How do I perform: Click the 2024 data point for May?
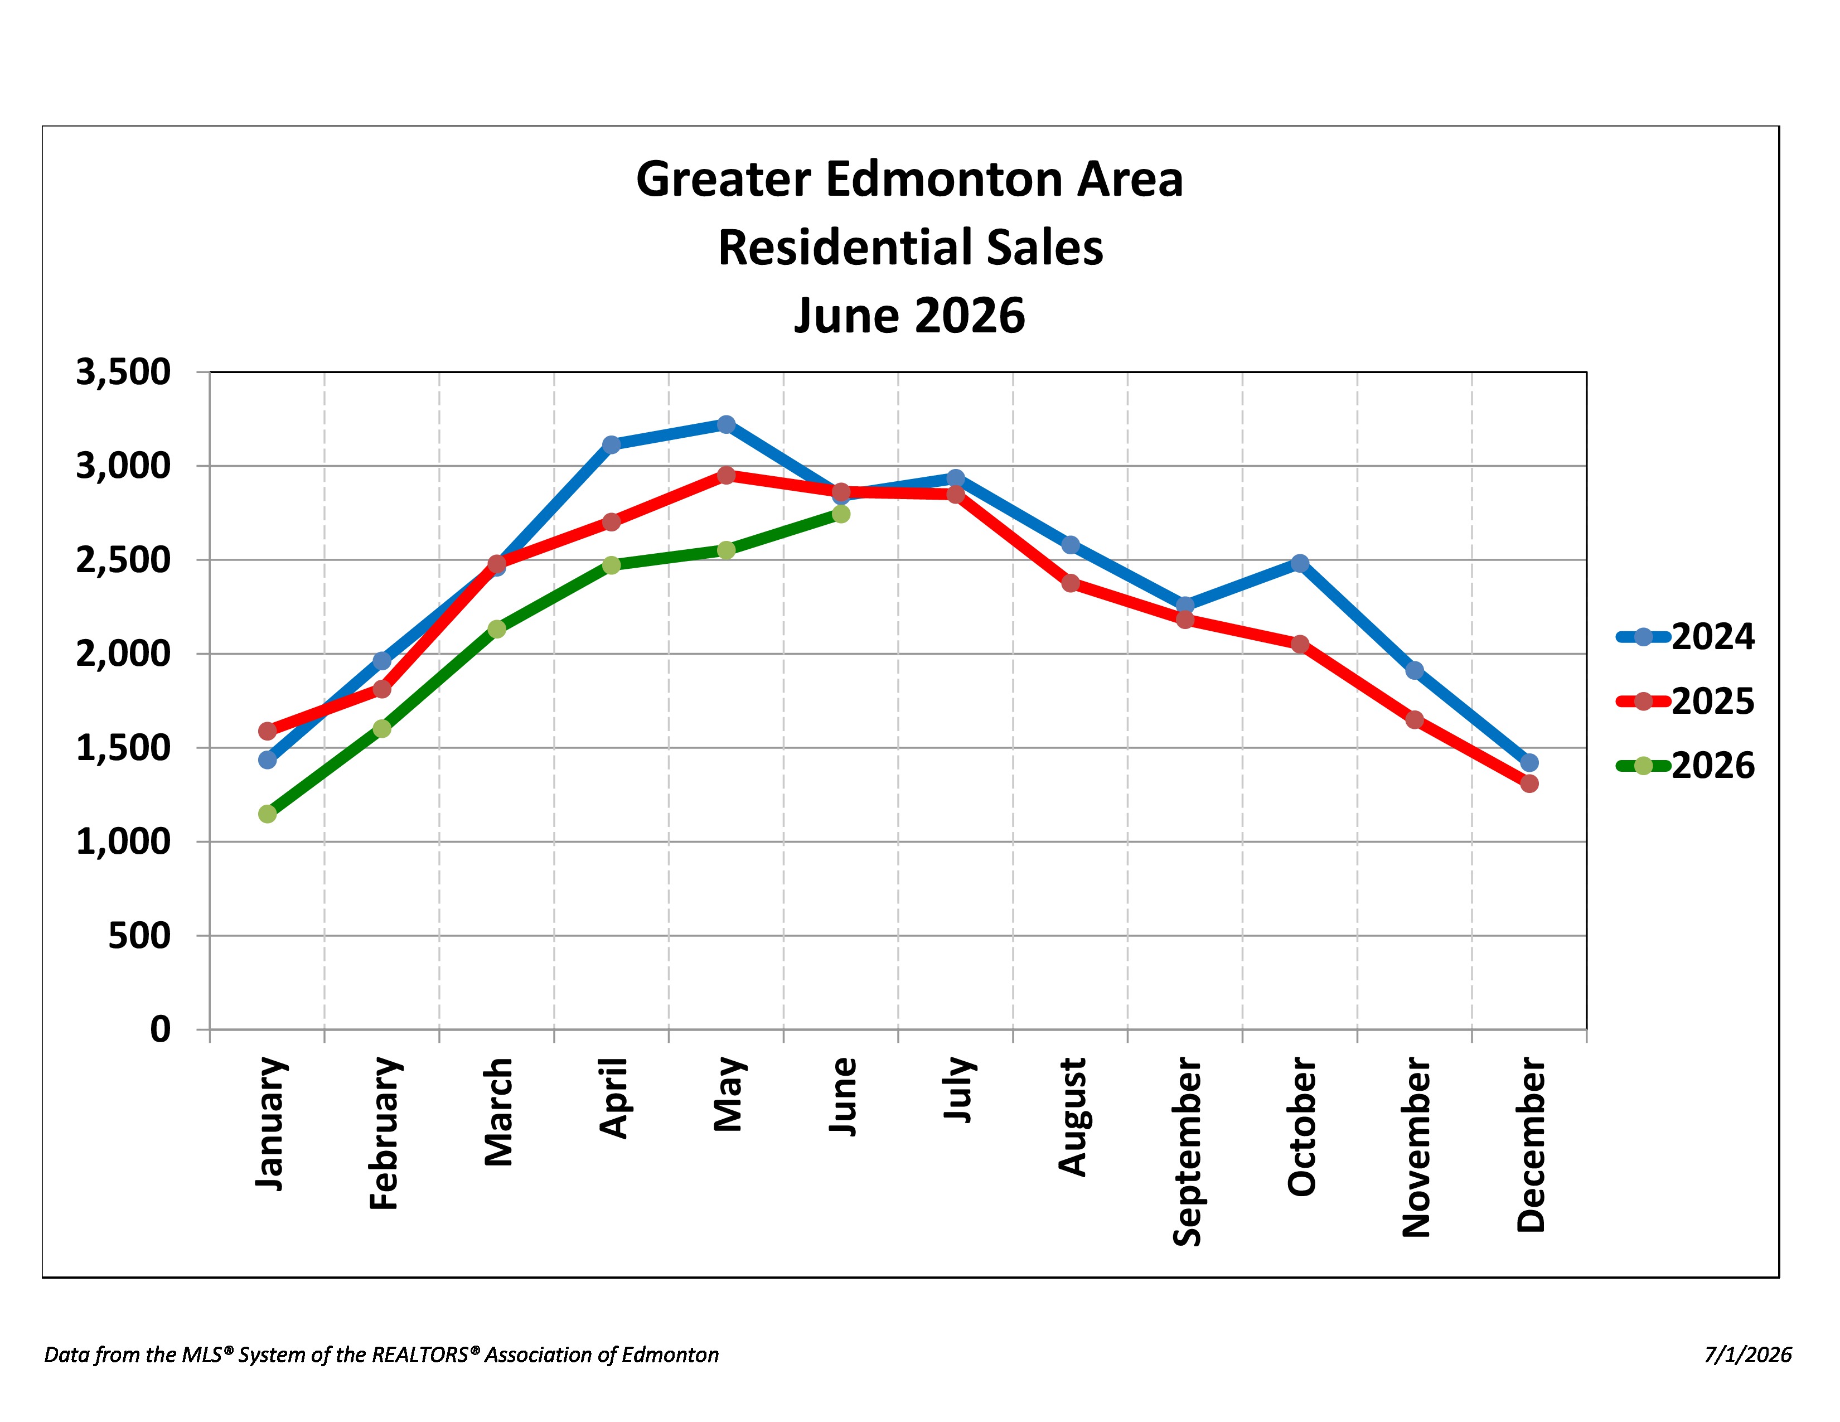coord(726,424)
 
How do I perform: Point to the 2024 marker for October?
coord(1300,563)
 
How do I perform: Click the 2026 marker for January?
coord(267,814)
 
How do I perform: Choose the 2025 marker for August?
coord(1071,583)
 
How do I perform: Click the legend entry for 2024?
coord(1685,637)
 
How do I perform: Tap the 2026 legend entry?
coord(1685,766)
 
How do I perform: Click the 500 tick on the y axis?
coord(139,936)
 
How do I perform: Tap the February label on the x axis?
coord(384,1133)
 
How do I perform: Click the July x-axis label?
coord(958,1089)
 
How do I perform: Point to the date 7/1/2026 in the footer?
coord(1748,1355)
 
